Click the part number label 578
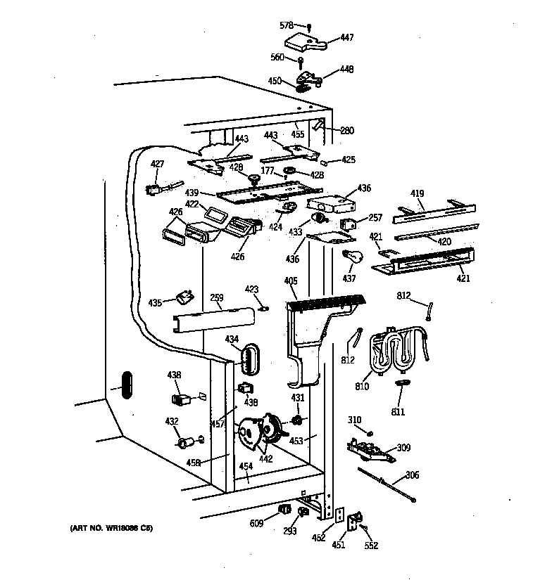pyautogui.click(x=287, y=25)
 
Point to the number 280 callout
pyautogui.click(x=346, y=130)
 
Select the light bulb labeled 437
pyautogui.click(x=350, y=256)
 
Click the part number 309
pyautogui.click(x=403, y=448)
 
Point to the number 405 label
pyautogui.click(x=290, y=282)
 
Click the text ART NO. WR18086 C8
pyautogui.click(x=111, y=528)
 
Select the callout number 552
pyautogui.click(x=371, y=546)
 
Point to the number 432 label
pyautogui.click(x=171, y=421)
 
